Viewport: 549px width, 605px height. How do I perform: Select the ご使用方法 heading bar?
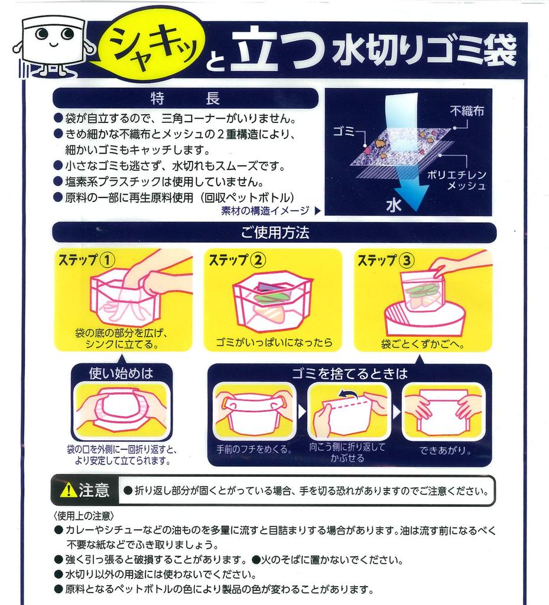tap(274, 233)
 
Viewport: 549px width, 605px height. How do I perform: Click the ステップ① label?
tap(86, 260)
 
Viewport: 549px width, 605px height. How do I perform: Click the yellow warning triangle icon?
tap(69, 490)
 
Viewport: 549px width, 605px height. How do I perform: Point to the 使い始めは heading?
tap(121, 373)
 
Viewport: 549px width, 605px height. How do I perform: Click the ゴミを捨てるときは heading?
tap(349, 373)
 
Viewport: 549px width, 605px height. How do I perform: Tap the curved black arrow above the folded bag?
tap(349, 394)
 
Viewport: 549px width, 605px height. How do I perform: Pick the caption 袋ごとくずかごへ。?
tap(422, 343)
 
